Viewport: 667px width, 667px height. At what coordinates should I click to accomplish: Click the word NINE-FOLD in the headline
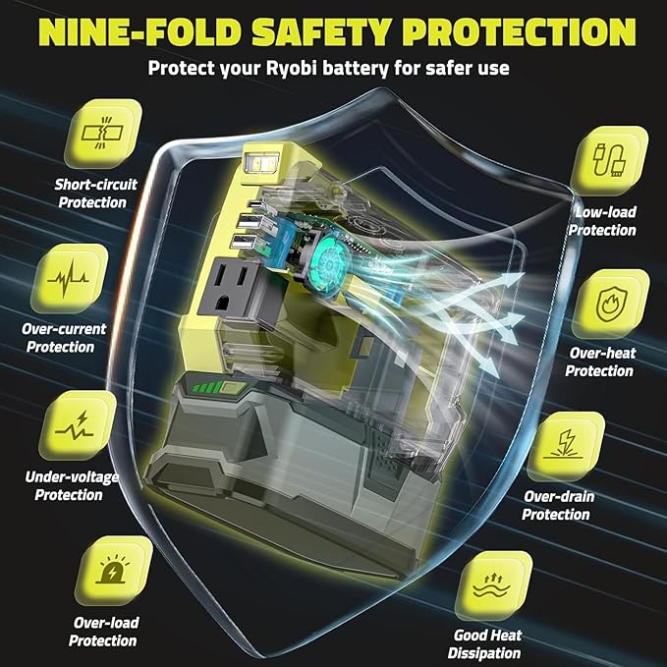click(x=141, y=32)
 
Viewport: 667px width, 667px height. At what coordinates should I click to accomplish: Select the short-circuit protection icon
click(x=103, y=134)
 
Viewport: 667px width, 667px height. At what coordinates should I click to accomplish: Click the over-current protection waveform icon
click(x=68, y=279)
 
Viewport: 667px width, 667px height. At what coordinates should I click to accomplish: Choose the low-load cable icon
click(x=609, y=160)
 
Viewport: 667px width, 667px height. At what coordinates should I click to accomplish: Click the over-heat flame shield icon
click(x=611, y=304)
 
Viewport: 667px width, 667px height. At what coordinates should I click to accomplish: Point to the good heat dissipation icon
click(x=493, y=585)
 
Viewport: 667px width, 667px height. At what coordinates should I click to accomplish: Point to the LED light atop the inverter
click(x=260, y=162)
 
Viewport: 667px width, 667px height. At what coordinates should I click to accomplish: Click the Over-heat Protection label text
click(x=600, y=362)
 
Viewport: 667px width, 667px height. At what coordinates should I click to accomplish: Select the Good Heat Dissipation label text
click(x=485, y=644)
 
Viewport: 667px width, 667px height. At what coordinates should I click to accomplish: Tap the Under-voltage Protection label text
click(x=71, y=486)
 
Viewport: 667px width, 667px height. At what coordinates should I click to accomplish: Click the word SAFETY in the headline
click(x=321, y=32)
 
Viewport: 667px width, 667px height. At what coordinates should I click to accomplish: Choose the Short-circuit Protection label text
click(x=95, y=194)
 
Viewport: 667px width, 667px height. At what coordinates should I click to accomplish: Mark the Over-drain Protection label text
click(x=557, y=505)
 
